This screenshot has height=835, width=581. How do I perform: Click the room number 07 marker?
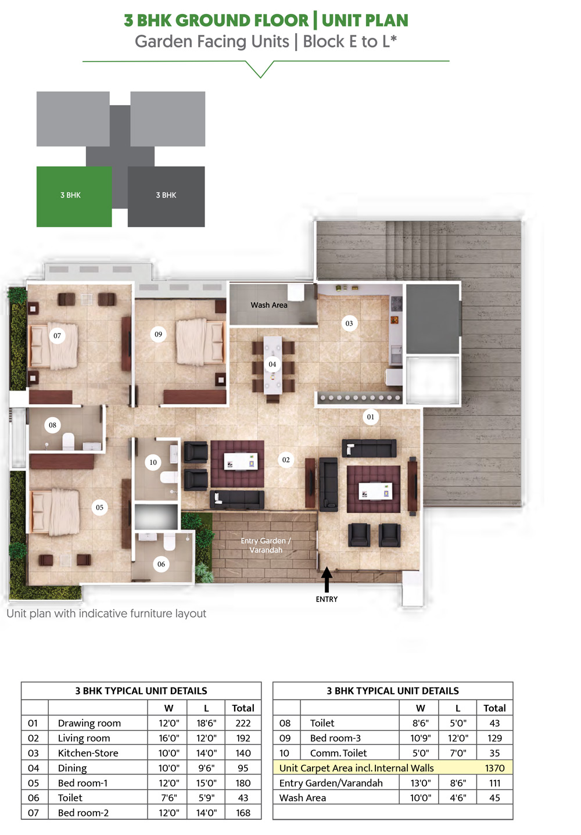[57, 335]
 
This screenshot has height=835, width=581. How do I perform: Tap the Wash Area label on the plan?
[268, 305]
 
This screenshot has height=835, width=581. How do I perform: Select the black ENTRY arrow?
[327, 579]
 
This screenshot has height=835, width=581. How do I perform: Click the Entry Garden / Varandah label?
[266, 545]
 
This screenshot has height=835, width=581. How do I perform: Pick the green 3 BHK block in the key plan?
[74, 196]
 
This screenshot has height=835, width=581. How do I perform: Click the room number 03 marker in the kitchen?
[349, 323]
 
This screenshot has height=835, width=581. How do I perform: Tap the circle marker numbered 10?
[153, 462]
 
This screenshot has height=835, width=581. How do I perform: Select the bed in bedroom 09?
[200, 342]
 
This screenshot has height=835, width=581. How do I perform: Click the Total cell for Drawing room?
[243, 723]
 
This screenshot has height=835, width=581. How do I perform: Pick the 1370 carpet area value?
[494, 768]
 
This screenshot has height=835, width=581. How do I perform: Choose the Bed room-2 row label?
[83, 812]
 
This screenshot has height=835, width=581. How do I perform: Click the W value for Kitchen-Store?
[169, 752]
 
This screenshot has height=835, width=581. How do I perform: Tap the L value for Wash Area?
[458, 797]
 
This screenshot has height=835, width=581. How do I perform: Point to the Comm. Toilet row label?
[338, 752]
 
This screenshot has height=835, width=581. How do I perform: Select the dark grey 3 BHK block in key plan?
[166, 196]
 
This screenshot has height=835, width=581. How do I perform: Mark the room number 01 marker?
[371, 417]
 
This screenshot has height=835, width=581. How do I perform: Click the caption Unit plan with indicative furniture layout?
[106, 614]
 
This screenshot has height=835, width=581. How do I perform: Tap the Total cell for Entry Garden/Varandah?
[494, 783]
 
